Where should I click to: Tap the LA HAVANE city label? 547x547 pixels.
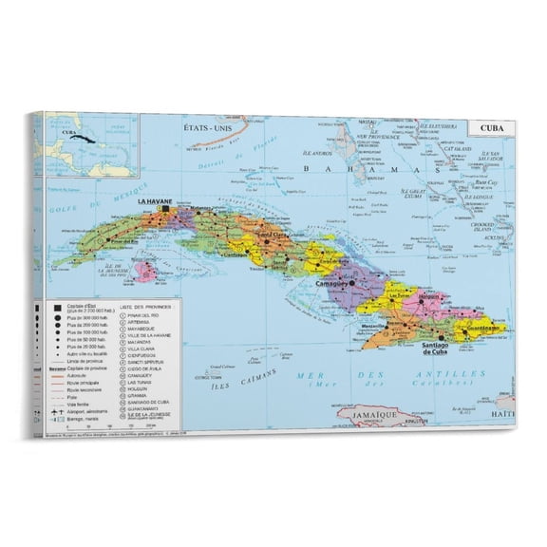(154, 202)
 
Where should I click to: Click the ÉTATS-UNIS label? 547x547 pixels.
(215, 129)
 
